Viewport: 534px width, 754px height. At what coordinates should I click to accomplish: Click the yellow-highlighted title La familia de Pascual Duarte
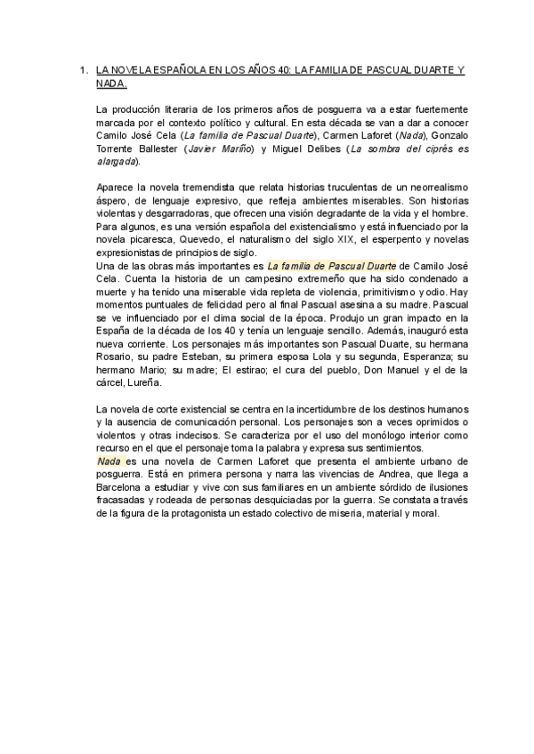(x=332, y=265)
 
